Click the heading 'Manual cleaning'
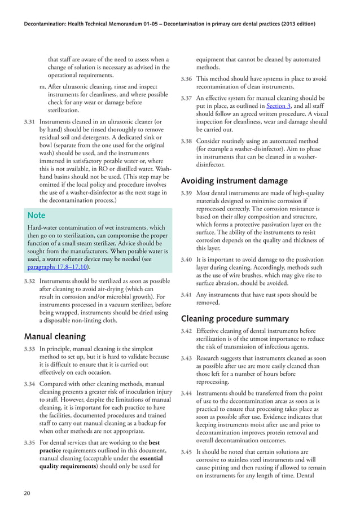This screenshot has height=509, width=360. (x=55, y=337)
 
